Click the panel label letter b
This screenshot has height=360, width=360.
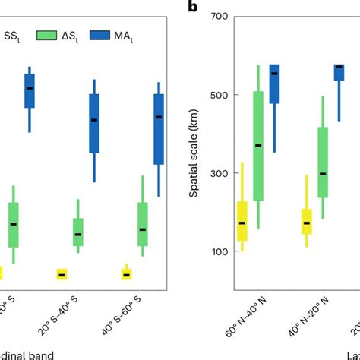tap(194, 8)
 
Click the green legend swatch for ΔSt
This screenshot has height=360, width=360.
tap(46, 34)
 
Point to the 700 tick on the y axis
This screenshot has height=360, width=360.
tap(217, 16)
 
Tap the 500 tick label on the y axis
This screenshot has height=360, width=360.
tap(217, 95)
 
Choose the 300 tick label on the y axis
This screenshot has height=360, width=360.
tap(217, 173)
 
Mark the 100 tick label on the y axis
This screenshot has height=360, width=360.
tap(217, 252)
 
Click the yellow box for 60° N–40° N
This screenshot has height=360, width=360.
tap(242, 221)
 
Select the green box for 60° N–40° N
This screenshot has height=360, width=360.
tap(258, 146)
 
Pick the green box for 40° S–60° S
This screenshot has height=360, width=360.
tap(142, 224)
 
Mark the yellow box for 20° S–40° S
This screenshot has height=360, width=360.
tap(62, 274)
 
